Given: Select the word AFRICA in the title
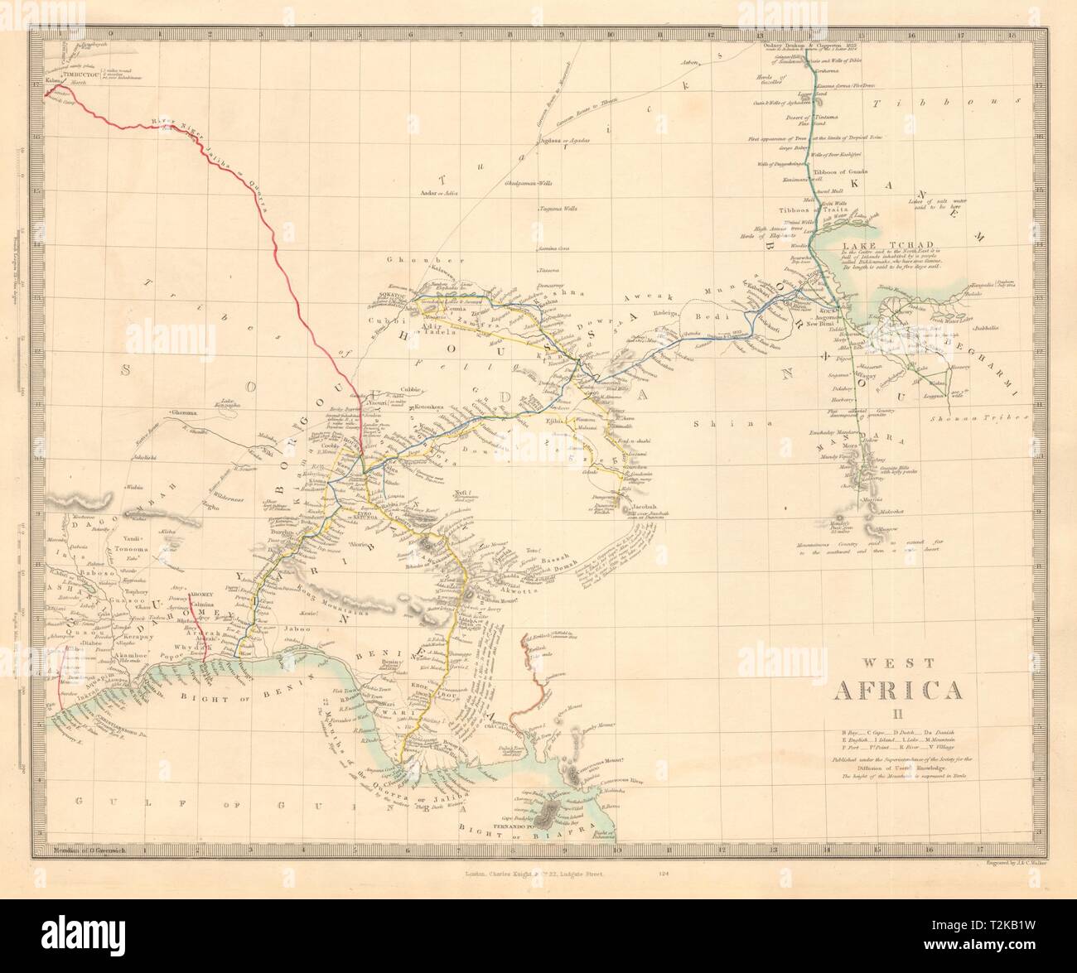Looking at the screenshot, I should tap(902, 690).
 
